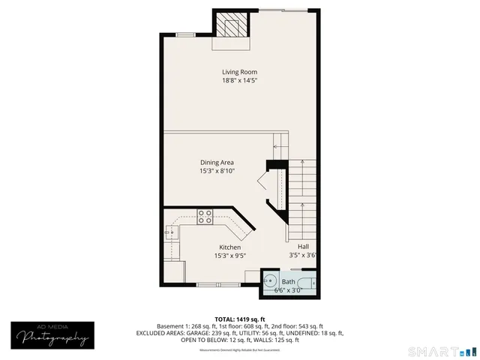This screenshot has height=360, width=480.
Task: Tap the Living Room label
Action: point(239,72)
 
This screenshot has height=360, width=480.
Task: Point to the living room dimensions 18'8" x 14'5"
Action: point(239,80)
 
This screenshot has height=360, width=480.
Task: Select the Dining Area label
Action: point(217,163)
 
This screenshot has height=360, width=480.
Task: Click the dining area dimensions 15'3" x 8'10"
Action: point(217,171)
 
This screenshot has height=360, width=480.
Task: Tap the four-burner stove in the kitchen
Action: point(205,216)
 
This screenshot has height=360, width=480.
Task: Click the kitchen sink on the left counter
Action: point(169,232)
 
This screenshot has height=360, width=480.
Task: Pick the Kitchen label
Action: point(229,247)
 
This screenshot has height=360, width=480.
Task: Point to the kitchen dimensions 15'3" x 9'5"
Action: point(229,256)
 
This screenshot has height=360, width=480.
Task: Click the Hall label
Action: point(303,247)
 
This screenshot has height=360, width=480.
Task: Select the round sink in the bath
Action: point(268,283)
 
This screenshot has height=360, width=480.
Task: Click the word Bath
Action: point(288,282)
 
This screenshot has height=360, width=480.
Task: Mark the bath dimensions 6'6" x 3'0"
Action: point(288,289)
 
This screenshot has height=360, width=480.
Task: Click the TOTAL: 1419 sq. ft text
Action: point(240,319)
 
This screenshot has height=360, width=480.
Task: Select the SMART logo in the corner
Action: point(441,351)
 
